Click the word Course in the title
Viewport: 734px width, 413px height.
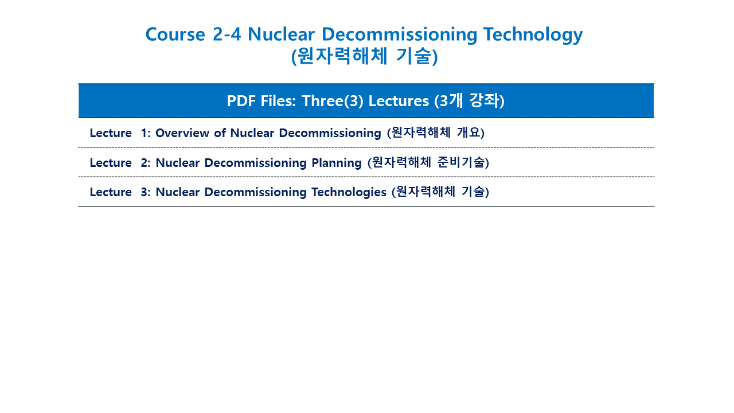[175, 34]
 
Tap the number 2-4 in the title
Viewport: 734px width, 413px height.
[227, 34]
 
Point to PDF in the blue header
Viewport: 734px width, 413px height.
[241, 100]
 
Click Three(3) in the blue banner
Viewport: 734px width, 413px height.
[333, 101]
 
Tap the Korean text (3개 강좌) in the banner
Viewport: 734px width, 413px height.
[469, 100]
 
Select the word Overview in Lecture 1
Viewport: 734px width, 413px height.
[182, 133]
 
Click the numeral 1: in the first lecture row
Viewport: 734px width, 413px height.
[146, 133]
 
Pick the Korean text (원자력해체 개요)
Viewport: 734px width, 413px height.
[436, 133]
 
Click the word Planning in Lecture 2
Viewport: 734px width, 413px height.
[337, 163]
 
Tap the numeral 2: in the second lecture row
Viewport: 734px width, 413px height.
[146, 163]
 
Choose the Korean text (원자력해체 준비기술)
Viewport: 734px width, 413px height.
[428, 162]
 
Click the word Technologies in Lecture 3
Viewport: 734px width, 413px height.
[349, 192]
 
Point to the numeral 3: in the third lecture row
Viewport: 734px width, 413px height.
[146, 192]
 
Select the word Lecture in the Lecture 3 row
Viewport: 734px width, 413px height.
[111, 192]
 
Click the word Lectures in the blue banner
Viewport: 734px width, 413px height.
[399, 100]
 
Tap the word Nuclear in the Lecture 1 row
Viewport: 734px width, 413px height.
[252, 133]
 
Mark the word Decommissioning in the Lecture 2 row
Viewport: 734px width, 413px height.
[255, 163]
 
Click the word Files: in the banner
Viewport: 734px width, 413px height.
[279, 100]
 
